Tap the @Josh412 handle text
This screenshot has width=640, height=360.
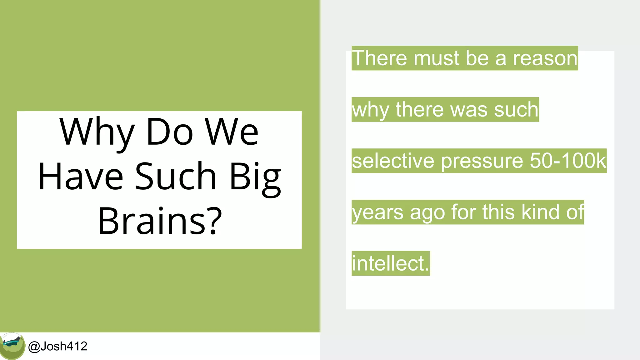click(x=58, y=346)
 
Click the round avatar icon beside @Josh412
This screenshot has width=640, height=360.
click(x=12, y=346)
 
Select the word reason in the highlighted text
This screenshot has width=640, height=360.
click(x=545, y=58)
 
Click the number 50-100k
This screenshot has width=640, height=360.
click(x=568, y=161)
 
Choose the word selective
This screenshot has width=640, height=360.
click(x=393, y=161)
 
